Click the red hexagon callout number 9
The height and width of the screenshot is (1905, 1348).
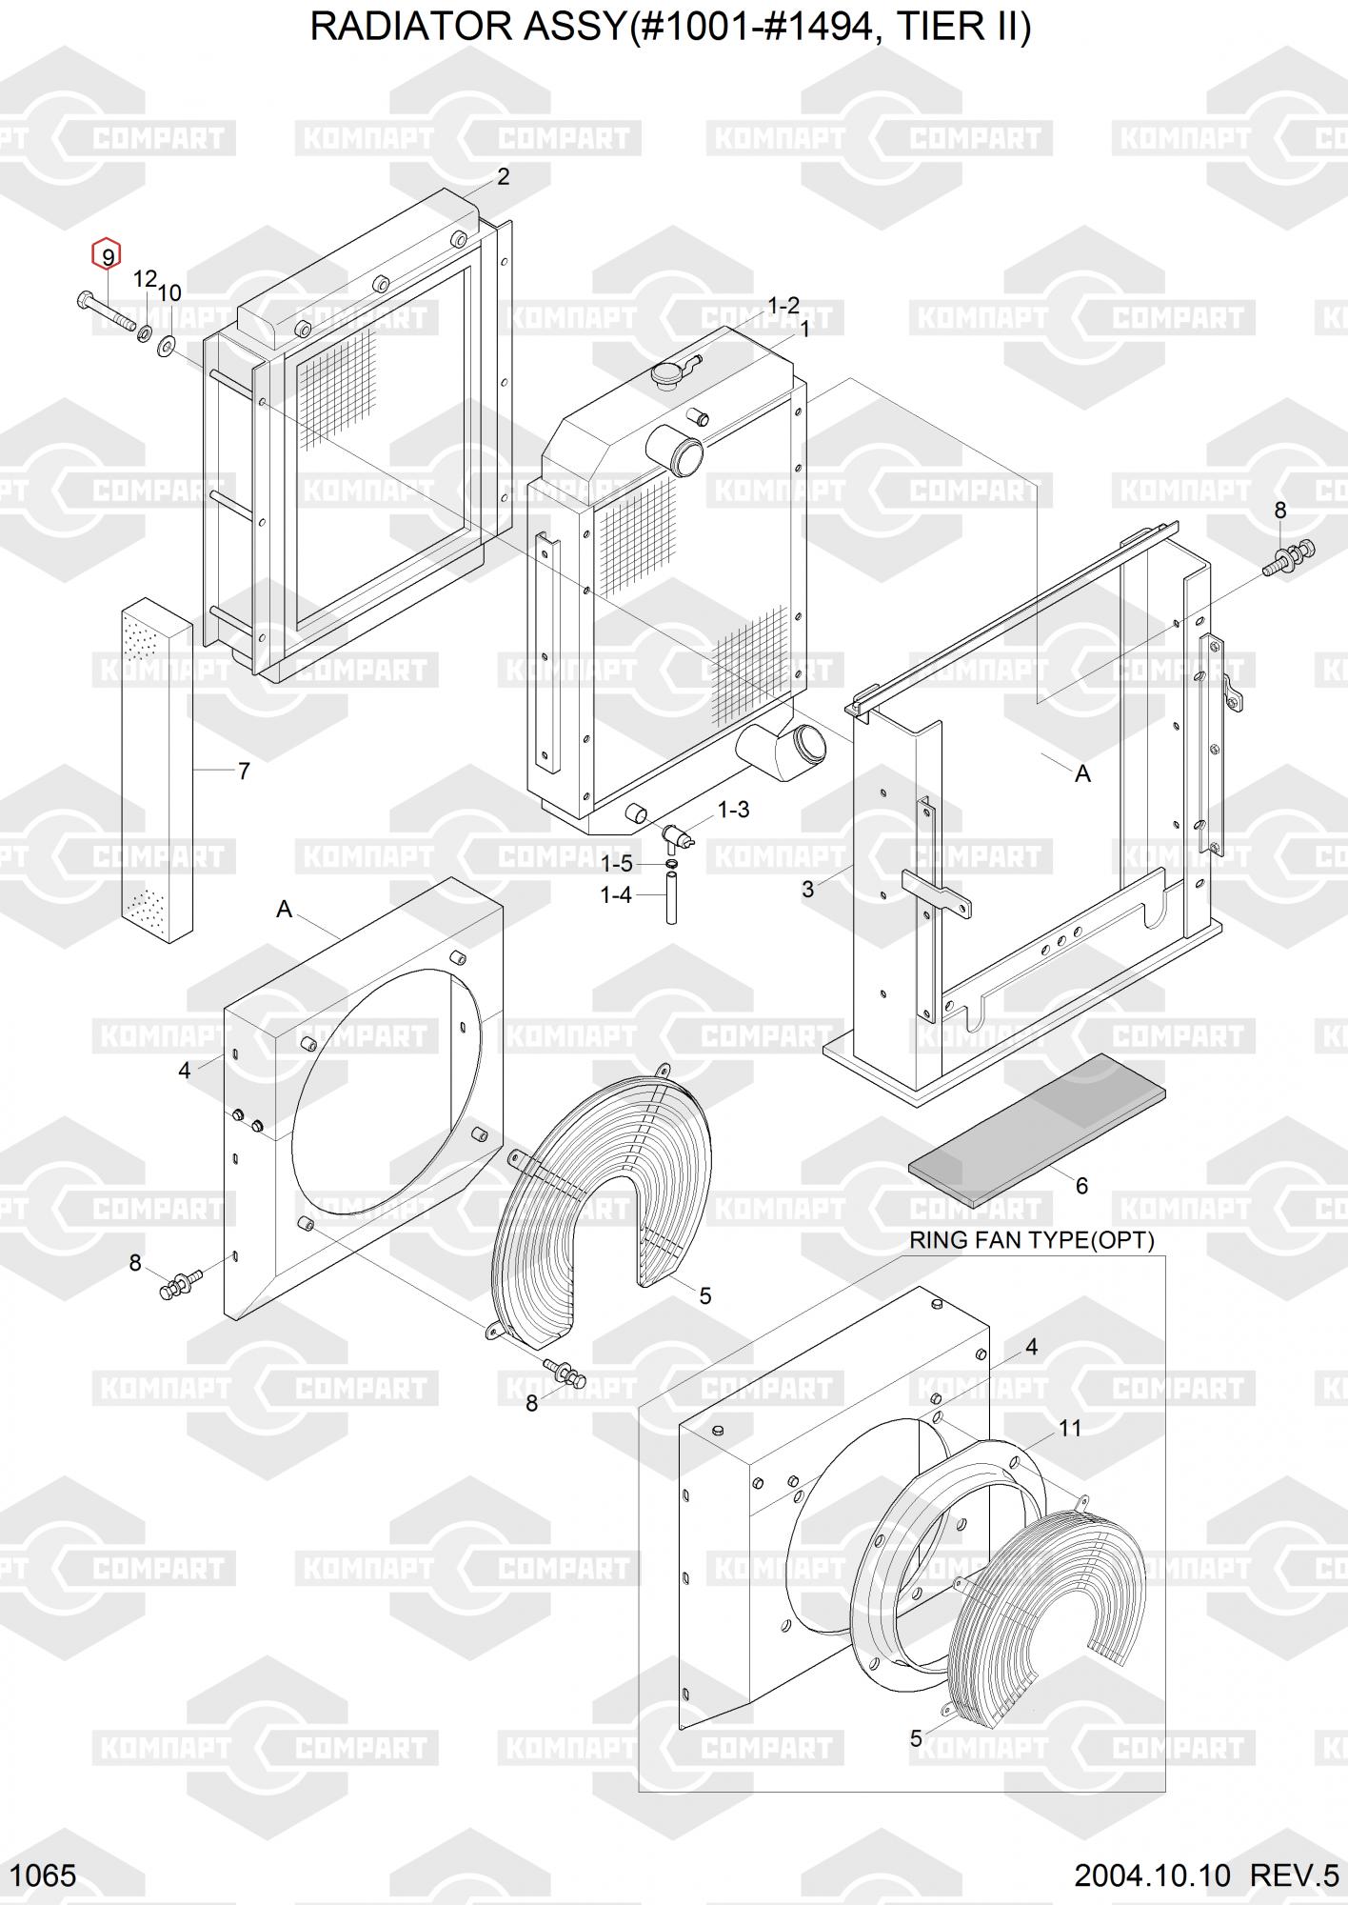click(107, 256)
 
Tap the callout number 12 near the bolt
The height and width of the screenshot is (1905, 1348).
click(145, 279)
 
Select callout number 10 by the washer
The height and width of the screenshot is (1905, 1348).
click(169, 293)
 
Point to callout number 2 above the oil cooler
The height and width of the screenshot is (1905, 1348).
click(503, 176)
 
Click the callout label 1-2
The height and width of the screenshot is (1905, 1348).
click(783, 306)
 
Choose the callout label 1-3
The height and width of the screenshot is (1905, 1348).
click(732, 810)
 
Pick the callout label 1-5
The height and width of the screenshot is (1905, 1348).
click(616, 864)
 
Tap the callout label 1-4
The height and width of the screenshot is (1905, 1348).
click(615, 895)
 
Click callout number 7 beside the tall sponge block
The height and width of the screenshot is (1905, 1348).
click(244, 771)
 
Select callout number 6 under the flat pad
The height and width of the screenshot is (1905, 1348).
click(1081, 1186)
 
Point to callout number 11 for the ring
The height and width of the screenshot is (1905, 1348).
click(1070, 1429)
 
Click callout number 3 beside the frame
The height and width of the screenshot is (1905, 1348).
click(807, 890)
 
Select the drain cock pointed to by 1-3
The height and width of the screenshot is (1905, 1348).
click(677, 835)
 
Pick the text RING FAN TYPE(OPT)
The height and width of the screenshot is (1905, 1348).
click(1032, 1240)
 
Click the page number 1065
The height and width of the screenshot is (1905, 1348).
click(45, 1875)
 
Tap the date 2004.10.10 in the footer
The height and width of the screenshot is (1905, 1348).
click(1152, 1875)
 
